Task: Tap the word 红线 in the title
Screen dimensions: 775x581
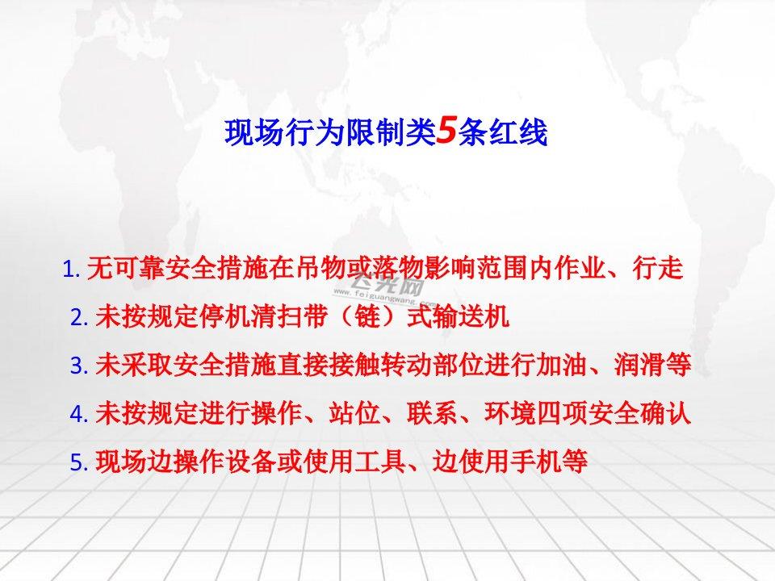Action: [518, 132]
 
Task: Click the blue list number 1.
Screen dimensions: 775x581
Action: [71, 270]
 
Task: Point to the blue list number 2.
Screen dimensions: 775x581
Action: [79, 317]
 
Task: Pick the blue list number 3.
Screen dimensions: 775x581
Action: [79, 366]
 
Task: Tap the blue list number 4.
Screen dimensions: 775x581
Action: [79, 413]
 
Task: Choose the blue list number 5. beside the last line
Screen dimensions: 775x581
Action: [79, 462]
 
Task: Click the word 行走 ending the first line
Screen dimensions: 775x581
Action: [658, 268]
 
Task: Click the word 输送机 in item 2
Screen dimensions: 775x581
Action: [471, 316]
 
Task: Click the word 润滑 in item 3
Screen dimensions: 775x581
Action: [640, 365]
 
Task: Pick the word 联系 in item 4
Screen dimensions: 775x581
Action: [433, 412]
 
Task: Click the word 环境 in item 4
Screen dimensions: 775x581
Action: [510, 412]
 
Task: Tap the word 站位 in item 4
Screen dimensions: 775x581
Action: [354, 412]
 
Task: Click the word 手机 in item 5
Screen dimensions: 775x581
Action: [536, 461]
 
